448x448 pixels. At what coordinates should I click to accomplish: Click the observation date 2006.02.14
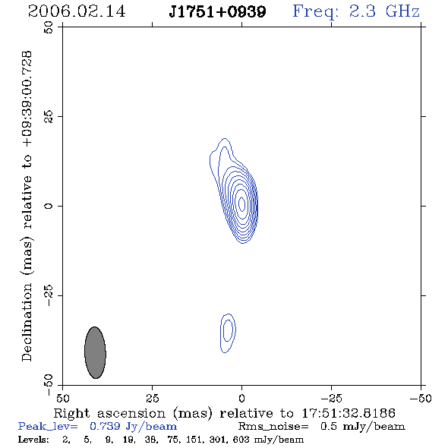point(77,11)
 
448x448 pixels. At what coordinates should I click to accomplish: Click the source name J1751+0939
point(217,11)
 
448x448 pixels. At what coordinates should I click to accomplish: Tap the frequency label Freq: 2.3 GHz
point(356,11)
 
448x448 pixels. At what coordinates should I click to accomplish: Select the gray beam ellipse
point(95,352)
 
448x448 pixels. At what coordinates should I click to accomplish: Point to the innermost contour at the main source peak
point(241,204)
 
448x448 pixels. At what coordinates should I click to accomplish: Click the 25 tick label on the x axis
point(152,398)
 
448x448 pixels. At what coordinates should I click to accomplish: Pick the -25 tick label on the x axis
point(331,398)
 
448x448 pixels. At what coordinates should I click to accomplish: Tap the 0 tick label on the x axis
point(241,398)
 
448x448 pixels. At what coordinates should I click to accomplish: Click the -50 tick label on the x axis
point(421,398)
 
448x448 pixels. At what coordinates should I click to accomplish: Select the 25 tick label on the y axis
point(49,117)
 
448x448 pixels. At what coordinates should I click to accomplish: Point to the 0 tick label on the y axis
point(49,206)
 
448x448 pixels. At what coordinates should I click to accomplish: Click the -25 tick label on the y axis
point(49,295)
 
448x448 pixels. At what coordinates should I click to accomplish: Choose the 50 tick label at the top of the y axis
point(49,27)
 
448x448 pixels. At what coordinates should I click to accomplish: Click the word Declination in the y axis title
point(27,322)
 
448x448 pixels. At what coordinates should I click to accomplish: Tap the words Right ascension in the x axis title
point(109,413)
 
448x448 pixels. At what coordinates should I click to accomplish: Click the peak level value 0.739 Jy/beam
point(133,427)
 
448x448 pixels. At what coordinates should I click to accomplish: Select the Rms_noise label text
point(273,427)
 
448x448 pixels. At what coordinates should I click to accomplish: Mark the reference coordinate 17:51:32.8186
point(349,413)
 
